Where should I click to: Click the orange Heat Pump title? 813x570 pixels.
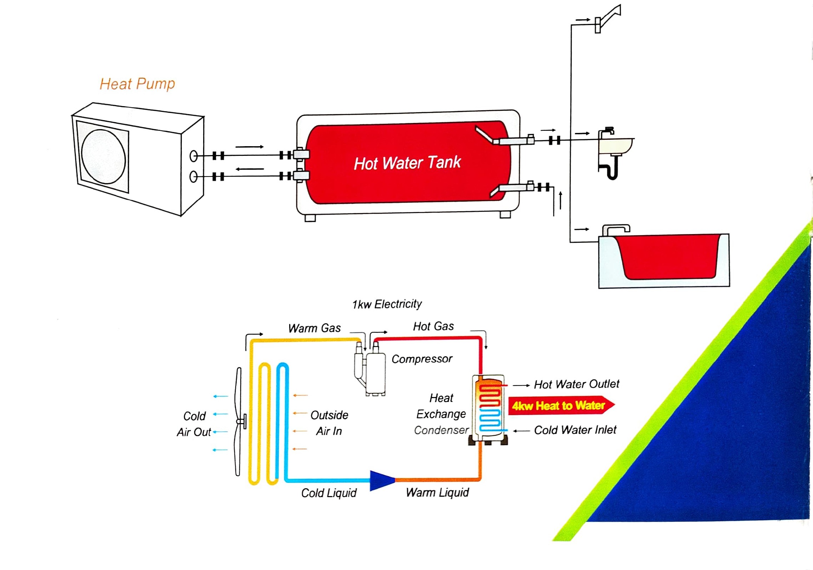click(137, 84)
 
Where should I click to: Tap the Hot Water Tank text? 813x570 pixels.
click(407, 163)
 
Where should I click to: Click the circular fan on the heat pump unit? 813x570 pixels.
click(104, 157)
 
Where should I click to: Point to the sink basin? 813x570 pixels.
click(615, 146)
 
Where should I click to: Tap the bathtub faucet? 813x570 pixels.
click(616, 229)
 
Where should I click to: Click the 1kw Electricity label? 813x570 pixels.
click(387, 304)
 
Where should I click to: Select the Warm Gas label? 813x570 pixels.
click(315, 328)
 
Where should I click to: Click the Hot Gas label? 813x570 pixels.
click(433, 326)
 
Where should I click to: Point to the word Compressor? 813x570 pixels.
click(422, 359)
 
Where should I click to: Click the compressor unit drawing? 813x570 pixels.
click(371, 372)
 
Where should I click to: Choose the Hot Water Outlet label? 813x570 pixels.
click(576, 384)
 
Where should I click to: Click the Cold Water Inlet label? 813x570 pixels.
click(575, 430)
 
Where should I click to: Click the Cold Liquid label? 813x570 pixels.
click(329, 493)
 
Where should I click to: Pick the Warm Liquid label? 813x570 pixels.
click(437, 492)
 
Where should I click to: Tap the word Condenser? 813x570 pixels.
click(441, 430)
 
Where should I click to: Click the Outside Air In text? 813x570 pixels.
click(329, 423)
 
